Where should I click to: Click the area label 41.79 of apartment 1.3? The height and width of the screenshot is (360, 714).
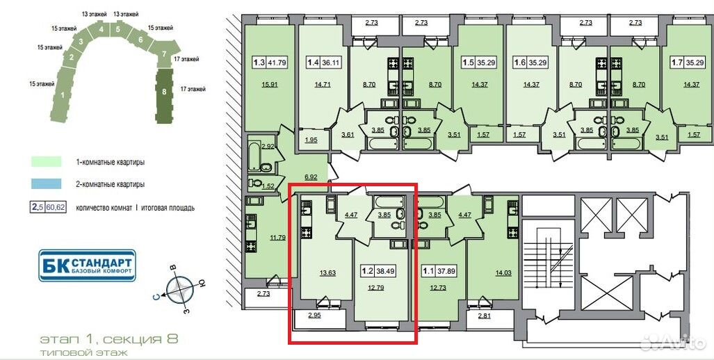[x=277, y=63]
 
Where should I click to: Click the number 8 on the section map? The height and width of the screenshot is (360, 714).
[x=164, y=91]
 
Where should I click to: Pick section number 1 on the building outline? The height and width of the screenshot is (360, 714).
[x=63, y=96]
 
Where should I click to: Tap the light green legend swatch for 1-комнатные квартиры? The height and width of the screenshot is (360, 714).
[x=47, y=161]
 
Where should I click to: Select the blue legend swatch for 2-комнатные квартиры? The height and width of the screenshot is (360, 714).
[x=47, y=184]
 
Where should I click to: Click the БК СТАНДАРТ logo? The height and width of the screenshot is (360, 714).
[x=87, y=265]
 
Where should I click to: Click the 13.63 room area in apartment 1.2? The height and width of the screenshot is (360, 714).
[x=327, y=272]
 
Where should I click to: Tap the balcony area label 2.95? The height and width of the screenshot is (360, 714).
[x=315, y=315]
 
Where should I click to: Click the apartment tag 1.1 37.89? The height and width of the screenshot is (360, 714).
[x=439, y=271]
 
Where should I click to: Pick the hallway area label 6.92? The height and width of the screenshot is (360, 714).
[x=311, y=177]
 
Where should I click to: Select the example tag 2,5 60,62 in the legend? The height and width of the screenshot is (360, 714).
[x=48, y=208]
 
